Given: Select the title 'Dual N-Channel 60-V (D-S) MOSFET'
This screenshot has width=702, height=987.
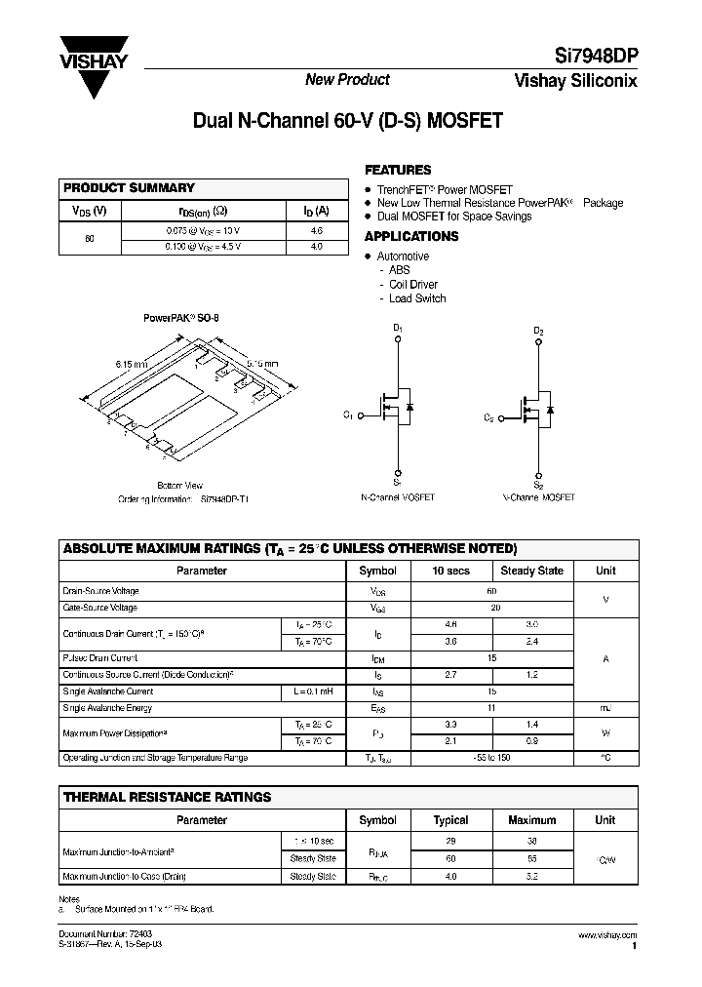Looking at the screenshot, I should coord(348,122).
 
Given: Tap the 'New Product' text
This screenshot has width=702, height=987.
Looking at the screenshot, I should coord(347,80).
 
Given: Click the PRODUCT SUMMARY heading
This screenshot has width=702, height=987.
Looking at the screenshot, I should coord(129,187).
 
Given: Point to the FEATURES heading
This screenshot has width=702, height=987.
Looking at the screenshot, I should coord(398,169).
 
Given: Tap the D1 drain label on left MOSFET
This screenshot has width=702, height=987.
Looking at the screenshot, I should coord(398,330).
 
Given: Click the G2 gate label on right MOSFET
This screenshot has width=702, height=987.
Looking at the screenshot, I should coord(489,416).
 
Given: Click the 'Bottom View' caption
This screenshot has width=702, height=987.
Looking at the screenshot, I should coord(179,485).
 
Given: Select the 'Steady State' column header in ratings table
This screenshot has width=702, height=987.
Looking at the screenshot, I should coord(531,571).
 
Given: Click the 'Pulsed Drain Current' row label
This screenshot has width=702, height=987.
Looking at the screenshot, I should coord(100,658).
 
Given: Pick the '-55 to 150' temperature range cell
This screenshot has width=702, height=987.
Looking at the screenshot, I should coord(491,758).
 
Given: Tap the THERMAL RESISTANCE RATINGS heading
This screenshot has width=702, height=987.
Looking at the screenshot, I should coord(167,797).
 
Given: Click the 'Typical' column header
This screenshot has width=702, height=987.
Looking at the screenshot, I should coord(450,820).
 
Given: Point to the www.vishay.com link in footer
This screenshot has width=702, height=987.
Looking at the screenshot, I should coord(608,935).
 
